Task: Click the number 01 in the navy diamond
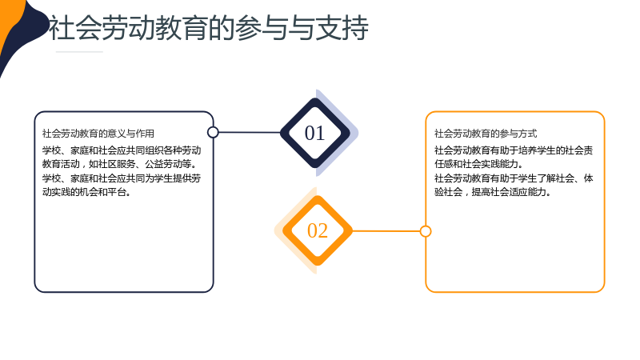click(314, 134)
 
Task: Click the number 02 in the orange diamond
click(317, 231)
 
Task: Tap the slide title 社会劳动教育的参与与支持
click(209, 28)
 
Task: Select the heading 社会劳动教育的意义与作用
click(98, 134)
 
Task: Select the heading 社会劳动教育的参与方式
click(486, 134)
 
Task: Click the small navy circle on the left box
click(213, 132)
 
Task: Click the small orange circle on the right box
click(426, 231)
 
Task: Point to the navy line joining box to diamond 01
click(250, 132)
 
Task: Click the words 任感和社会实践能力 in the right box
click(476, 164)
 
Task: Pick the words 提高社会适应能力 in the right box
click(509, 192)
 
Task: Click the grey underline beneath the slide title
click(79, 52)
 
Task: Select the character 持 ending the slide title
click(355, 28)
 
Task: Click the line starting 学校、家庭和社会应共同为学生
click(122, 178)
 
